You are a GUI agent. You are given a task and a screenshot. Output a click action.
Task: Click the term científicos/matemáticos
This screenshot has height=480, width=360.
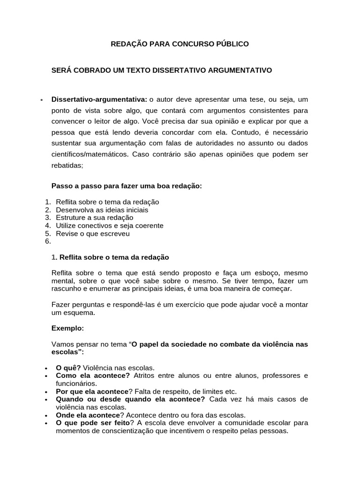click(x=90, y=154)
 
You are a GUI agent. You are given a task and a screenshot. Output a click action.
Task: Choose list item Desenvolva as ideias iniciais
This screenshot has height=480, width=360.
click(x=102, y=210)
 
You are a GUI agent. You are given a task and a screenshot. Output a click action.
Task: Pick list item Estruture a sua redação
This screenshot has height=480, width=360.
click(x=94, y=218)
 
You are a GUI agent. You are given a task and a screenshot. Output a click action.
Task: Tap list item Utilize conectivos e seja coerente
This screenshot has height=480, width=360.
click(x=109, y=225)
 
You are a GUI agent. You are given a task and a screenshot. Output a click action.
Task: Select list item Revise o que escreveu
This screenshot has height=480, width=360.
click(x=92, y=233)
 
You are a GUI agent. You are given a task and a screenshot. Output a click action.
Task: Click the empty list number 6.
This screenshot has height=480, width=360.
click(x=47, y=241)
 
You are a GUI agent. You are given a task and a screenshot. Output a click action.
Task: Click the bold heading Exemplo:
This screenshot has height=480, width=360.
click(x=67, y=329)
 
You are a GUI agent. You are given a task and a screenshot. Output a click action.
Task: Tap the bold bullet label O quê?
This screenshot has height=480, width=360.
click(x=68, y=368)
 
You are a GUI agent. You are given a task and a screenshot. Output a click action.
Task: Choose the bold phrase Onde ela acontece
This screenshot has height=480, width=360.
click(x=88, y=415)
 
